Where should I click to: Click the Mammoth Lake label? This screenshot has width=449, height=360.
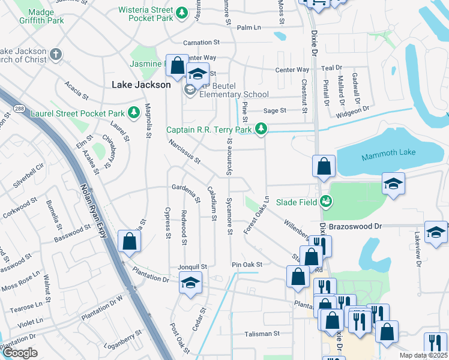[388, 157]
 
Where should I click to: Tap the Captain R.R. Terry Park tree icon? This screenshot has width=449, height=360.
[261, 128]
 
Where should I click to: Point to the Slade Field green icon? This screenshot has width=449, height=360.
[326, 201]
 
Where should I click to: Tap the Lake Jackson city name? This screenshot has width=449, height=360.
[141, 85]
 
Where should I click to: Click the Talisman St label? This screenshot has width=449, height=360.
[262, 334]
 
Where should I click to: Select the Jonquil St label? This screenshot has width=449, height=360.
[192, 266]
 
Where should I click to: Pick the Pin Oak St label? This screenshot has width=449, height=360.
[247, 265]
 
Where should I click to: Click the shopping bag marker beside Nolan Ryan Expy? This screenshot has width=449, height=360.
[130, 242]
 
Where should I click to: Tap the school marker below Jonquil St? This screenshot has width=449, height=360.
[190, 283]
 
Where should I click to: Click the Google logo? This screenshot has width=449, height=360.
[20, 353]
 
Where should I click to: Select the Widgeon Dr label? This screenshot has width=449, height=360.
[352, 111]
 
